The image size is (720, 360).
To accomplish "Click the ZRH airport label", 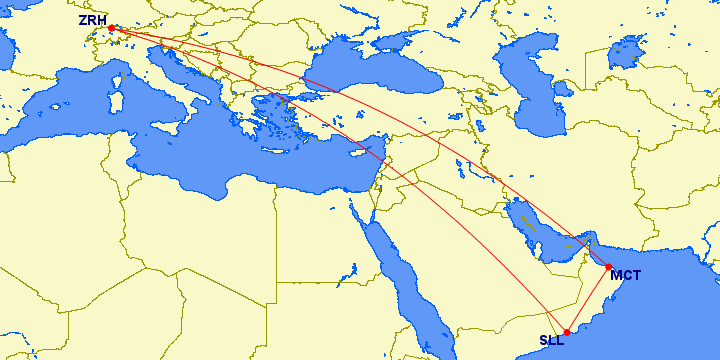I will point(92,19).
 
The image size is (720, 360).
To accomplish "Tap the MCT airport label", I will point(626,275).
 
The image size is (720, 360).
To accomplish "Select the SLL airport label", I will point(552,341).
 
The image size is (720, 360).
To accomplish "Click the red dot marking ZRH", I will point(111,28).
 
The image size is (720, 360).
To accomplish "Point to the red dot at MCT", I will point(608,267).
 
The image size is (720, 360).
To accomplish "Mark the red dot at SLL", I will point(567,332).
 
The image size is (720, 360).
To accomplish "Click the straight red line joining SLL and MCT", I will point(588,299).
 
